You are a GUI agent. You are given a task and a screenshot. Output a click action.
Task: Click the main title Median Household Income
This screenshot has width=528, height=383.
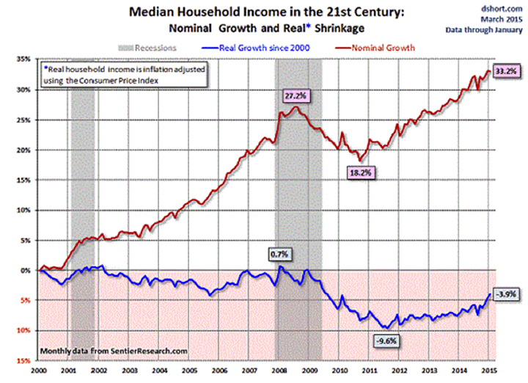coord(260,14)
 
